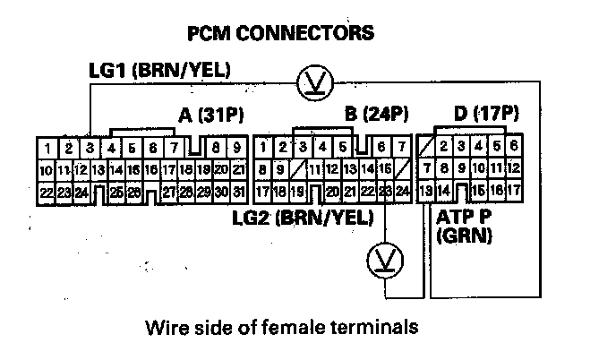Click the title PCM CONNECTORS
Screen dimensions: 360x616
[278, 34]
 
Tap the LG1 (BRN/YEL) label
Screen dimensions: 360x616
[158, 70]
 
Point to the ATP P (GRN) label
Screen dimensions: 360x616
[465, 226]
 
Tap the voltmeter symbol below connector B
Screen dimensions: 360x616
[385, 261]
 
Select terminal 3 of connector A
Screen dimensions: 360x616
[91, 147]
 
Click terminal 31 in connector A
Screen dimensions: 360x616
[238, 191]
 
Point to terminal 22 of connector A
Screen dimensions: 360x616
[46, 191]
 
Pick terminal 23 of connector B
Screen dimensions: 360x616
[385, 191]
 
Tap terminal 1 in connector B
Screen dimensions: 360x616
[262, 147]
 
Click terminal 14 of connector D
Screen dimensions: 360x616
[444, 191]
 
